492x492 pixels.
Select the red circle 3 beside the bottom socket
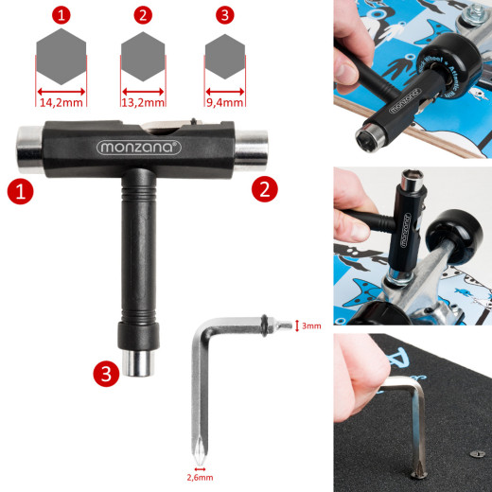pyautogui.click(x=106, y=375)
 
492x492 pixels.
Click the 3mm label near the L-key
pyautogui.click(x=311, y=325)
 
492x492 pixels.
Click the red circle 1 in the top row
pyautogui.click(x=61, y=15)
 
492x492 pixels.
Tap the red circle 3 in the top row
pyautogui.click(x=224, y=15)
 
